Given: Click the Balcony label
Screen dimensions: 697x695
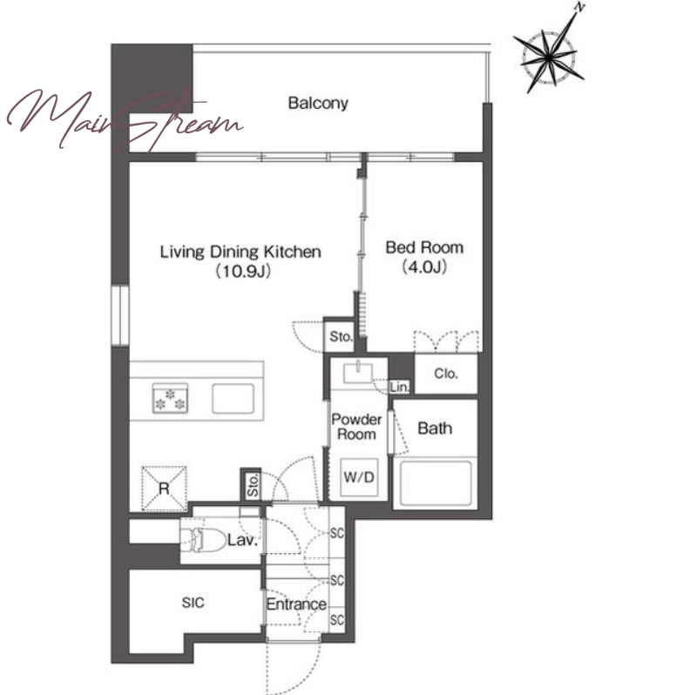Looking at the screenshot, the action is click(x=318, y=103).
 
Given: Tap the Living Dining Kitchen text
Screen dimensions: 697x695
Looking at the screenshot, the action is click(x=240, y=252).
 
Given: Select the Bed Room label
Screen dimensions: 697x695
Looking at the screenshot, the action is click(x=424, y=247).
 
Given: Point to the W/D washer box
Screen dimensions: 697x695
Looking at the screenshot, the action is click(x=359, y=477).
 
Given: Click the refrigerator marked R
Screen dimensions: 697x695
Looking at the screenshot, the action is click(x=164, y=489).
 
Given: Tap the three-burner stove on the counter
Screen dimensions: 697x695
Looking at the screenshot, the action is click(x=170, y=398).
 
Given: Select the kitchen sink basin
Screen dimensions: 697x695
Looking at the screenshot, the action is click(x=233, y=398).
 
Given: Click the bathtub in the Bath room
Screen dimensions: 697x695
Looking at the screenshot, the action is click(x=435, y=482).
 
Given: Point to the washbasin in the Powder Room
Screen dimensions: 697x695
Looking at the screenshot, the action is click(x=358, y=373).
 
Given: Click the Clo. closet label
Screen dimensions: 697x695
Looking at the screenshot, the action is click(x=446, y=374).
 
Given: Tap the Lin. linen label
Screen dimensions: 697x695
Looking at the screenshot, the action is click(x=399, y=388).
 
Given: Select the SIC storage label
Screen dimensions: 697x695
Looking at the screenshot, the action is click(x=193, y=603).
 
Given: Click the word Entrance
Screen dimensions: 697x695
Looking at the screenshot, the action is click(x=296, y=604).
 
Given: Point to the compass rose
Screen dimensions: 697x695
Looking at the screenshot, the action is click(x=549, y=57).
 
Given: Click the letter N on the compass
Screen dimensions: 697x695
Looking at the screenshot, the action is click(x=579, y=7).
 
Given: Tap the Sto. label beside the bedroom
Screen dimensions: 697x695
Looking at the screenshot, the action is click(x=341, y=336).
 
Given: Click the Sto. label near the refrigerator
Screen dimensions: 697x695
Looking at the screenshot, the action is click(x=253, y=485).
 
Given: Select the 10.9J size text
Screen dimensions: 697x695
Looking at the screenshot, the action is click(x=243, y=271).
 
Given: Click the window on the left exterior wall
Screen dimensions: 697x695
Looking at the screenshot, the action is click(x=120, y=315).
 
